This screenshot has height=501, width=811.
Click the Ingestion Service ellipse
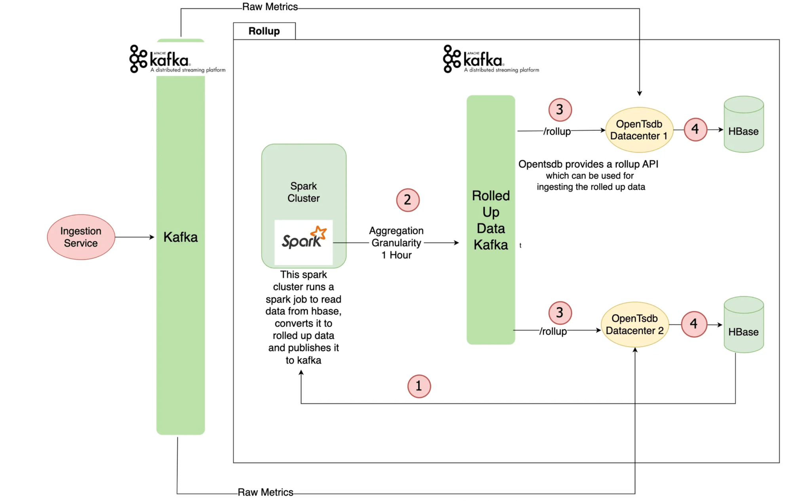point(81,237)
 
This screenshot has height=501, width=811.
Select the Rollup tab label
point(264,31)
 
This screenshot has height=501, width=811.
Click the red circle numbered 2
point(407,200)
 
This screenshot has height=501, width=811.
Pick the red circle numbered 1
point(419,386)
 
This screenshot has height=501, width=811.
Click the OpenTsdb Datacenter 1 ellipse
point(639,130)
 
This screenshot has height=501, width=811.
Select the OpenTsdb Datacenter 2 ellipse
point(635,325)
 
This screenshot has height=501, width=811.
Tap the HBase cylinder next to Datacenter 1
point(744,124)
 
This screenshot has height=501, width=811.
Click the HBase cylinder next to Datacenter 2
point(744,325)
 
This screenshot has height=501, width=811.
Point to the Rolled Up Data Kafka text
point(491,220)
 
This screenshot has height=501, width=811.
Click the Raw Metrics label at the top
point(270,7)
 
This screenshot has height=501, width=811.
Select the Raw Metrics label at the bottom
point(265,492)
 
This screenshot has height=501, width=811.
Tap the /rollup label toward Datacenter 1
point(557,131)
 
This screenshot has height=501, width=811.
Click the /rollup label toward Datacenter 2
point(553,331)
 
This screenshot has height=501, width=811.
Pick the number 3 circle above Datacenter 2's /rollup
point(560,313)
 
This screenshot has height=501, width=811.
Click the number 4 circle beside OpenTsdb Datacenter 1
point(695,129)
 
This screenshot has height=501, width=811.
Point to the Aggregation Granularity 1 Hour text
point(396,243)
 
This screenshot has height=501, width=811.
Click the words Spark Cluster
point(304,192)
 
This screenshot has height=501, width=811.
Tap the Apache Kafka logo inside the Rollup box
point(491,59)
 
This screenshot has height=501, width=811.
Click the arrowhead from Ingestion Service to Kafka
point(152,237)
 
